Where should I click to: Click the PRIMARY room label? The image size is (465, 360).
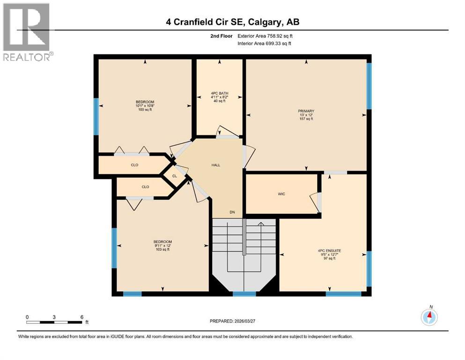pos(305,111)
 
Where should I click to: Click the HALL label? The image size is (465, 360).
pos(215,165)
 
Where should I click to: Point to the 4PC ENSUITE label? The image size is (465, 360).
pos(329,251)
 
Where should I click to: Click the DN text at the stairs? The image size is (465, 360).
pos(232,212)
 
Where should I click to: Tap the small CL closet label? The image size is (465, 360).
pos(174,176)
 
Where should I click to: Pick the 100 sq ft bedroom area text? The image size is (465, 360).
pos(145,110)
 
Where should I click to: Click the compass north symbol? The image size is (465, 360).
pos(429,317)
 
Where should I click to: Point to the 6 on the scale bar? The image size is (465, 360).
pos(82,317)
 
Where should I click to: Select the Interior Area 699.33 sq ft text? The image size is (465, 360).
pos(265,43)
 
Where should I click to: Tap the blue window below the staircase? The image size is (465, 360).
pos(244,294)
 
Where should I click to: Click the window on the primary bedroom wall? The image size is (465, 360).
pos(369,86)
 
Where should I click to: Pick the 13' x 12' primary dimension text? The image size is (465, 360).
pos(305,115)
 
